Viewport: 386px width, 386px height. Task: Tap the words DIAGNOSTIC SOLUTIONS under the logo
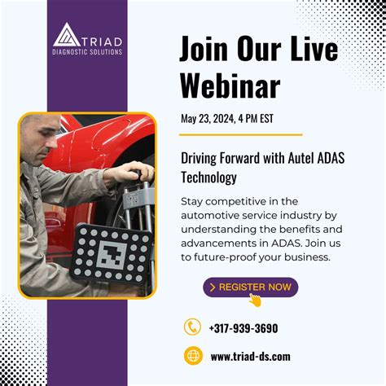point(87,51)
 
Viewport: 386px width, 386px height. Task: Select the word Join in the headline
point(204,50)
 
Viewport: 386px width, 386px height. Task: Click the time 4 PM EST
point(255,118)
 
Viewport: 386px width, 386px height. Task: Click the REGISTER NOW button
point(250,287)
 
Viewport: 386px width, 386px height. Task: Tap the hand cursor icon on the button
point(255,299)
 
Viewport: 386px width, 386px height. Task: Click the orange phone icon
point(192,327)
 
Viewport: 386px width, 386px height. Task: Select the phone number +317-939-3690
point(243,328)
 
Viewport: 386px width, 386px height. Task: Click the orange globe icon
point(192,356)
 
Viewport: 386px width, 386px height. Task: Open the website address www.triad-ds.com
point(250,357)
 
